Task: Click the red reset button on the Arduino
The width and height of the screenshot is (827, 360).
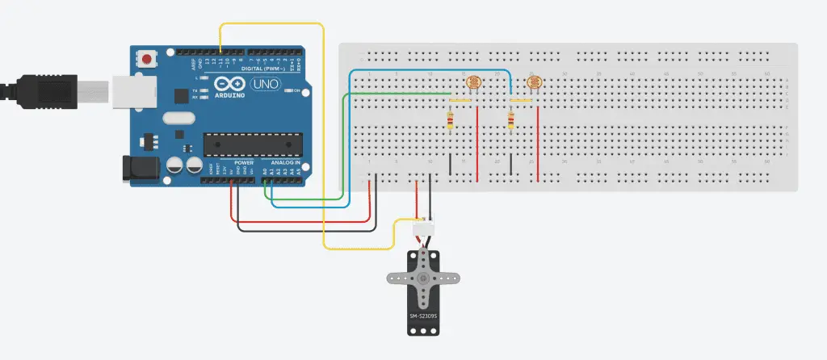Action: [146, 60]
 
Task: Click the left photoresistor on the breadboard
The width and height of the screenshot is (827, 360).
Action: [473, 82]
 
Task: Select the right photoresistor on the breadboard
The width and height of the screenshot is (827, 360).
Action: [534, 82]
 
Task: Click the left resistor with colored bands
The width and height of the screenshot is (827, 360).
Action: [450, 121]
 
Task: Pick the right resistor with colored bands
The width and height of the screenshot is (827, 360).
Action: [510, 121]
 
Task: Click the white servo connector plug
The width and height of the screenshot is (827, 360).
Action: [423, 229]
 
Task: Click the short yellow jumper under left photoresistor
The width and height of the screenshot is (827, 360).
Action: [460, 100]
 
